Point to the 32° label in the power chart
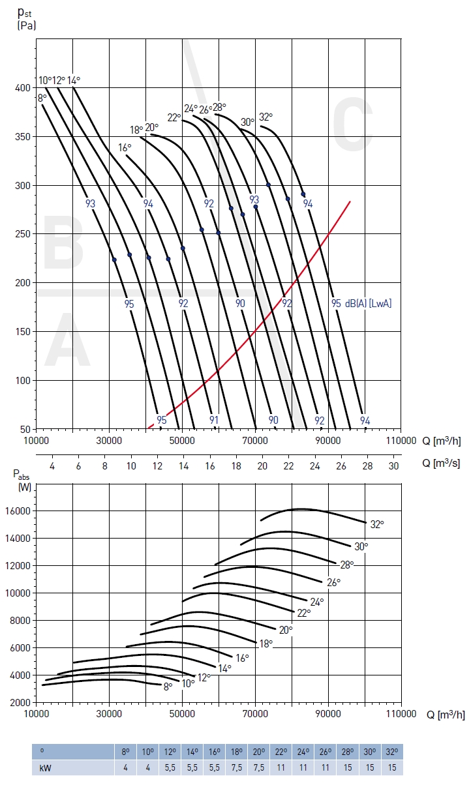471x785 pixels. point(377,524)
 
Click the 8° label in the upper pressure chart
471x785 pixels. point(42,98)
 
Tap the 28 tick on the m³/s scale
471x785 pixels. point(367,466)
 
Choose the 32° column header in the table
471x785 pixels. point(392,751)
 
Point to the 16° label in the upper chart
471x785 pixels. point(125,148)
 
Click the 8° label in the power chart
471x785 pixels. point(168,686)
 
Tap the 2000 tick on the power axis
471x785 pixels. point(20,703)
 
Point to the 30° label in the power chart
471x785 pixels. point(361,546)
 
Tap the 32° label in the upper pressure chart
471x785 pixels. point(266,117)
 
